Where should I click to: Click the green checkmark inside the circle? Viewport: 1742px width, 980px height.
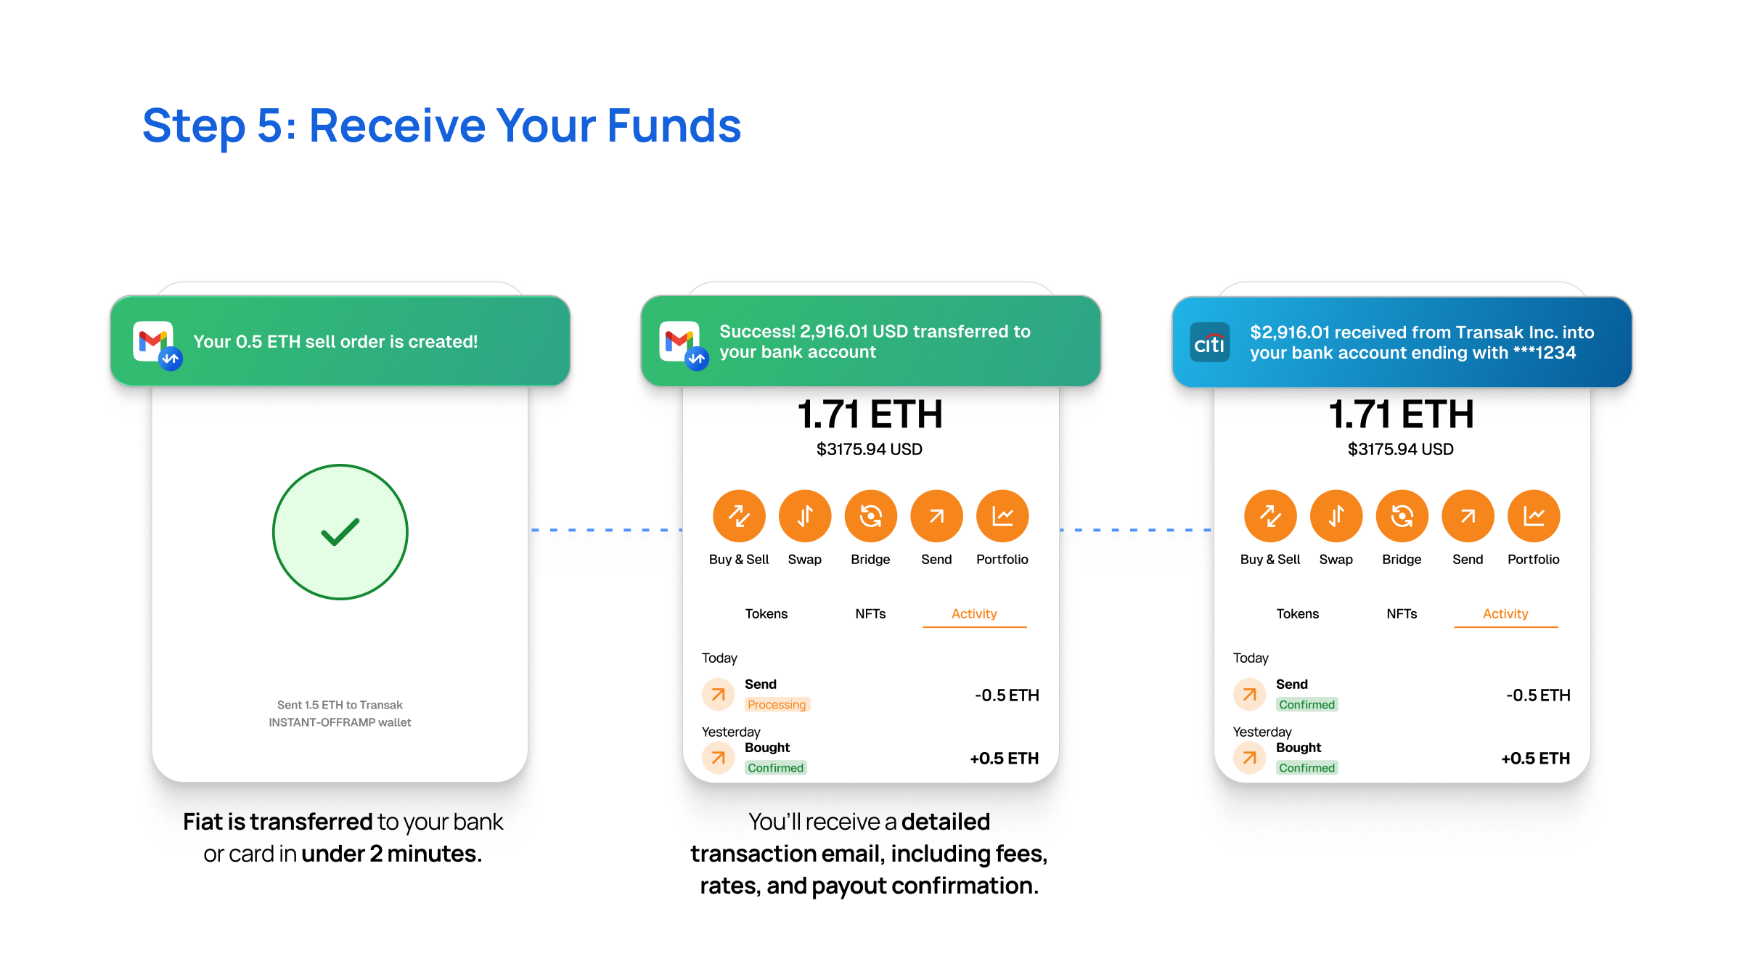coord(340,532)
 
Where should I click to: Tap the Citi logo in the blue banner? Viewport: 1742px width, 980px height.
coord(1210,342)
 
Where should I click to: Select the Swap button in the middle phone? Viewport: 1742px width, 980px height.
coord(805,516)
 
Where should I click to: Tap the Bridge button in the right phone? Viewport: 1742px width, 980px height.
coord(1402,516)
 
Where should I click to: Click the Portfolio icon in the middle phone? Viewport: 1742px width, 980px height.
coord(1002,516)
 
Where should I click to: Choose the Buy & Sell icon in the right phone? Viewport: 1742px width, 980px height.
coord(1270,516)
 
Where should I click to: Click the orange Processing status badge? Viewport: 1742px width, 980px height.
coord(777,705)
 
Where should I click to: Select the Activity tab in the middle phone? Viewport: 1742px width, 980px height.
coord(974,614)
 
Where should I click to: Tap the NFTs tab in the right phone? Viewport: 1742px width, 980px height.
coord(1402,614)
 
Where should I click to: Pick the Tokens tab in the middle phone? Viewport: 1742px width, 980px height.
coord(766,614)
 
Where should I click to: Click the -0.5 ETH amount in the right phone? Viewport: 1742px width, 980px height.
coord(1538,695)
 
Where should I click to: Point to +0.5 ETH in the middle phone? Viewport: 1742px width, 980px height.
coord(1005,759)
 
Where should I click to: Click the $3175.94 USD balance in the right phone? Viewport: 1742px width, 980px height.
coord(1401,449)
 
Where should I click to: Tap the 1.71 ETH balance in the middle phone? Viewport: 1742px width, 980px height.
coord(870,415)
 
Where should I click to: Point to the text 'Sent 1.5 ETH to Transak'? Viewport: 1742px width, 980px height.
coord(340,705)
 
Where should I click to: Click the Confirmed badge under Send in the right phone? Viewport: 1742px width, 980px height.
coord(1307,705)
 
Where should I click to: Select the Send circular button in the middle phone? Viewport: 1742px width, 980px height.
coord(936,516)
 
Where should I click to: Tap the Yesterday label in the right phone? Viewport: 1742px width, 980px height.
coord(1262,732)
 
